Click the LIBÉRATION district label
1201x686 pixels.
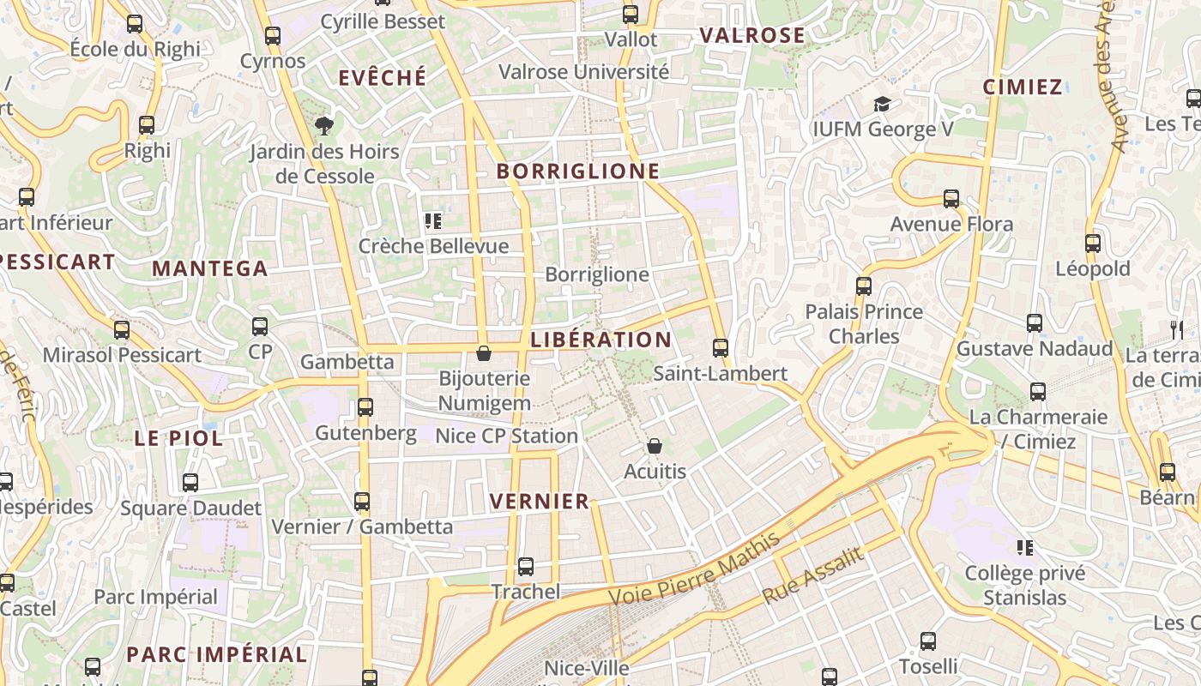(x=600, y=340)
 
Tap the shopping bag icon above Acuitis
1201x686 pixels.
(x=655, y=446)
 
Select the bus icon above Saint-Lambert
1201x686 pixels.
(x=721, y=347)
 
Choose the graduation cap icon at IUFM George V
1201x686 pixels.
(x=882, y=105)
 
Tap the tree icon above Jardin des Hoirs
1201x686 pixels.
(x=324, y=126)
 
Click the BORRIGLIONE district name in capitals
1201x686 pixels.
(x=578, y=171)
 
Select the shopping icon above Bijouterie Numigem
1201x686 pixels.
(x=484, y=353)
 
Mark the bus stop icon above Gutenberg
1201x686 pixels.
(x=365, y=407)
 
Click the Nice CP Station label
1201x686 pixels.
(x=506, y=436)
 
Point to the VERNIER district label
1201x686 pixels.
(x=540, y=502)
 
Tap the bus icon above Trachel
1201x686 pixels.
(x=526, y=567)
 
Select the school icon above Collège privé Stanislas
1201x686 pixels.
(x=1024, y=547)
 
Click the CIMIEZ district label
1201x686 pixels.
(x=1023, y=87)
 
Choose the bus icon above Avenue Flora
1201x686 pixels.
(x=951, y=199)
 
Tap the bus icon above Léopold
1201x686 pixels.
(x=1093, y=244)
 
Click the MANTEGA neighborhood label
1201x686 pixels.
(x=210, y=268)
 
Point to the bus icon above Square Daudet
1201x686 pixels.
(x=190, y=483)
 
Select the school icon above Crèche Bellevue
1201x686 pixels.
(x=433, y=221)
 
